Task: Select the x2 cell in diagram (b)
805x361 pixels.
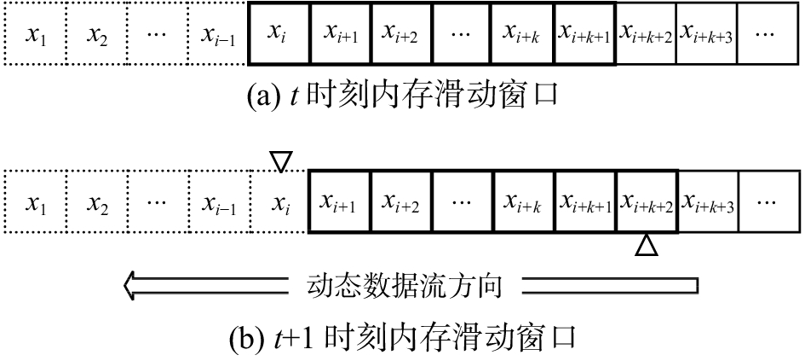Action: pos(95,203)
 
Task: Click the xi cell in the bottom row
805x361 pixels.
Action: pos(279,203)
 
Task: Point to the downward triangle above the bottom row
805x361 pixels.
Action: pos(279,160)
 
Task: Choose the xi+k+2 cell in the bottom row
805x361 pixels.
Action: pos(647,203)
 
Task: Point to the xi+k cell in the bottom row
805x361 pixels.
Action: pos(524,203)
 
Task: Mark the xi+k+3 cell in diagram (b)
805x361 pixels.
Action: pos(707,203)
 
